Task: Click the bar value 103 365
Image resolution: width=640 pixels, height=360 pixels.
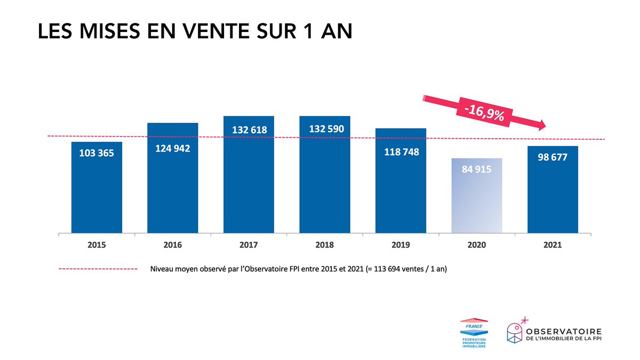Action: [x=97, y=153]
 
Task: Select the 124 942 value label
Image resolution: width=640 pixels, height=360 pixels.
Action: [x=172, y=149]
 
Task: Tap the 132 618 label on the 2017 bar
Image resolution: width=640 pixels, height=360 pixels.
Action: [x=249, y=130]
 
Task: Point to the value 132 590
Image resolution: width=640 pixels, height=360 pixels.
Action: [x=325, y=129]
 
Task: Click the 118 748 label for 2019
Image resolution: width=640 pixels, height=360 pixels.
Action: [x=401, y=152]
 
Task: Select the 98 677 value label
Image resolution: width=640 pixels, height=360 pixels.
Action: [x=553, y=158]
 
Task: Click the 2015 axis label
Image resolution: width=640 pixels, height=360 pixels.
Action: [x=97, y=245]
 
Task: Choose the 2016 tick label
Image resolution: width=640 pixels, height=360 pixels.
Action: [x=173, y=245]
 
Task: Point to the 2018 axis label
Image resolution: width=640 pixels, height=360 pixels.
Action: [x=325, y=245]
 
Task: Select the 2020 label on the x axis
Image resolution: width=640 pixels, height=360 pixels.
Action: [x=477, y=245]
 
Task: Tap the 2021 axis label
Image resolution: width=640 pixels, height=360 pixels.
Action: [x=553, y=245]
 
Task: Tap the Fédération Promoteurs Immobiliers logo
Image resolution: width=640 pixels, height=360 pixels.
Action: [x=473, y=333]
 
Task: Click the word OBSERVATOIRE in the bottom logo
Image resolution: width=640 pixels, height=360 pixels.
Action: [x=564, y=331]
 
